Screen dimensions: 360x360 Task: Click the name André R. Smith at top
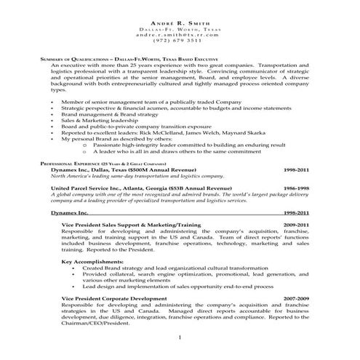(x=179, y=23)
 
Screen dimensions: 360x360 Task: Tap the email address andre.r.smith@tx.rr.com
(x=179, y=35)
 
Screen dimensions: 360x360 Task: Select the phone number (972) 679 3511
(x=179, y=41)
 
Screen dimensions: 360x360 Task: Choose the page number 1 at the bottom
(x=179, y=338)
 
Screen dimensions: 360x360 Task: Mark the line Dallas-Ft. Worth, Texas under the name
(x=179, y=29)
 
